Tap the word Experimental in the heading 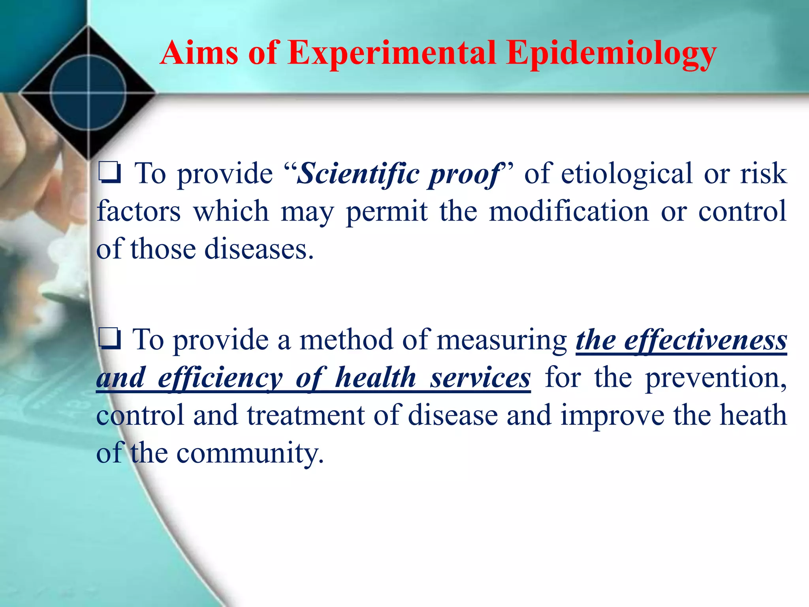coord(391,53)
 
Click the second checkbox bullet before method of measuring coord(109,340)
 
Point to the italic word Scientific coord(357,174)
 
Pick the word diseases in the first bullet coord(259,249)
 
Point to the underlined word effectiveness coord(706,340)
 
